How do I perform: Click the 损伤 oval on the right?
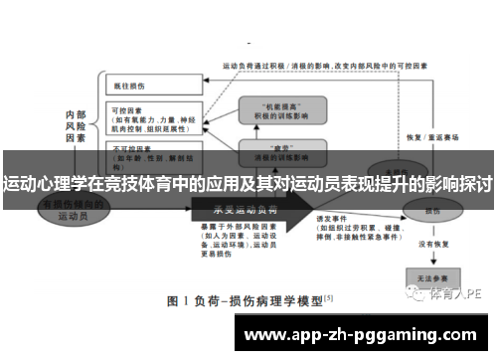click(430, 212)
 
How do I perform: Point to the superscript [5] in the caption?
click(329, 295)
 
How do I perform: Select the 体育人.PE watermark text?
click(456, 293)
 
